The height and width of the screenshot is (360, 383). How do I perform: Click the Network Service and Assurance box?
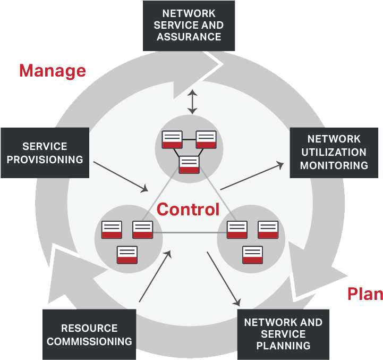click(x=189, y=26)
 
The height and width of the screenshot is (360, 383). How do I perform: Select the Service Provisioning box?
click(x=45, y=153)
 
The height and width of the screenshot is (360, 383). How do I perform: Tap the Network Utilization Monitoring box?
click(x=334, y=152)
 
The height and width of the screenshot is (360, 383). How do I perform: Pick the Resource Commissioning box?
click(x=89, y=334)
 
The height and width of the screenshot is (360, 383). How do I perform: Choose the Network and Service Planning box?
click(x=283, y=334)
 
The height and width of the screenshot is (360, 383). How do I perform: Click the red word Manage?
click(x=52, y=71)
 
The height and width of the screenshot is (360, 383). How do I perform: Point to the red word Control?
click(x=188, y=210)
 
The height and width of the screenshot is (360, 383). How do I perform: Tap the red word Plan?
click(x=364, y=294)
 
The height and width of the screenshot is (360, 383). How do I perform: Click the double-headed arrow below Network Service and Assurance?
click(x=192, y=102)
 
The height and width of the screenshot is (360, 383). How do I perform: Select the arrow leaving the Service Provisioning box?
click(x=121, y=176)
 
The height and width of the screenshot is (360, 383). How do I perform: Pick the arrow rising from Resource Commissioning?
click(x=155, y=276)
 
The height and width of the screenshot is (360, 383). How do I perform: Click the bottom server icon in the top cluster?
click(x=189, y=164)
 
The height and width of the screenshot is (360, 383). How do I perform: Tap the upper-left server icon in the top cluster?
click(x=172, y=139)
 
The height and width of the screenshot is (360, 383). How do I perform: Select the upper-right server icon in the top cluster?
click(x=206, y=139)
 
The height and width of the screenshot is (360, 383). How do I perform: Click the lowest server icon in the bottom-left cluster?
click(x=127, y=255)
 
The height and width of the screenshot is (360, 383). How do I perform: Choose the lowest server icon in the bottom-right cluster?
click(x=252, y=255)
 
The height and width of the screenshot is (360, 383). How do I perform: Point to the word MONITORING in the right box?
click(x=334, y=165)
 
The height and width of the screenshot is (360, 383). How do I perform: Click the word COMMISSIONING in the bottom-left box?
click(x=89, y=341)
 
